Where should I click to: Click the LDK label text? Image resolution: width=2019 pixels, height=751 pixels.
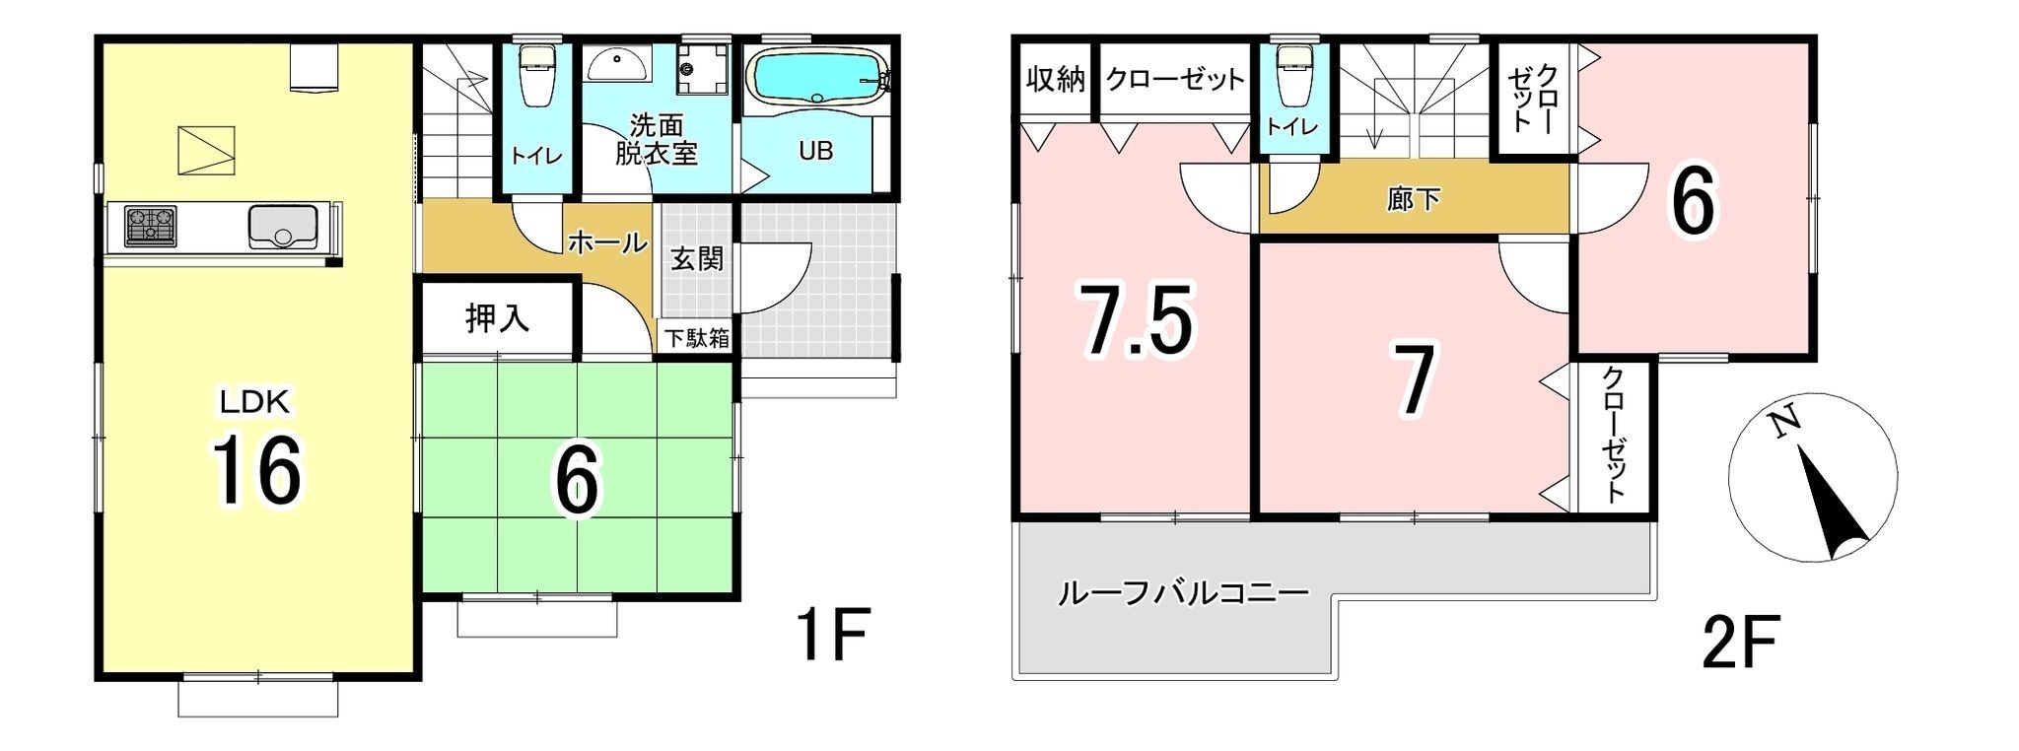tap(253, 402)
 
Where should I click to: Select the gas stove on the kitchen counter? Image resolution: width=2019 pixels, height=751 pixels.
tap(150, 226)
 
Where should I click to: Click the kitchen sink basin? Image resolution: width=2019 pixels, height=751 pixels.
tap(283, 226)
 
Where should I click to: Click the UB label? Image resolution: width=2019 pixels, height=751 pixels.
tap(815, 151)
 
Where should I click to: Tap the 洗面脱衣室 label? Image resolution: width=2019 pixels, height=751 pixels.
tap(657, 139)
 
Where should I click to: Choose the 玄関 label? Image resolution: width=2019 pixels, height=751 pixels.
tap(697, 258)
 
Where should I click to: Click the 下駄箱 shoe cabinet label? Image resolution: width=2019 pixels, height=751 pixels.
tap(697, 338)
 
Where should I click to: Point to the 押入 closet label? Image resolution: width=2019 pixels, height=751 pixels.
tap(498, 317)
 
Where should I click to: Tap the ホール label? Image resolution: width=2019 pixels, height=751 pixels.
tap(607, 241)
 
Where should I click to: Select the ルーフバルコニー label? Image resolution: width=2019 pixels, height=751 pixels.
tap(1183, 592)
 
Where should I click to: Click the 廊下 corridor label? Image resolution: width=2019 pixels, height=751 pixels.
tap(1414, 199)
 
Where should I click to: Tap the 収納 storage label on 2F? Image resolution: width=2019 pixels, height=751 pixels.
tap(1056, 79)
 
